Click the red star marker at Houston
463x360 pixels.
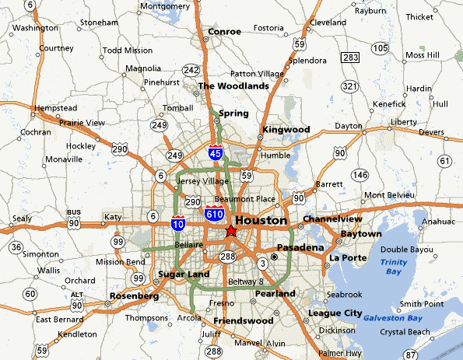230,231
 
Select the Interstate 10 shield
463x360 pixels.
177,224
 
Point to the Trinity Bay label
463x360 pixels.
393,267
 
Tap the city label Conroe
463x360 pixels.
225,32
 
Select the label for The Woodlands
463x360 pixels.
233,86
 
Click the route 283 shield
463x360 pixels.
350,58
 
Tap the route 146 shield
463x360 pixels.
360,175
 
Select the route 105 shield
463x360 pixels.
381,48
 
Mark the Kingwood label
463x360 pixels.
286,129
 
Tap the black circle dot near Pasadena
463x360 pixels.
274,257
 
